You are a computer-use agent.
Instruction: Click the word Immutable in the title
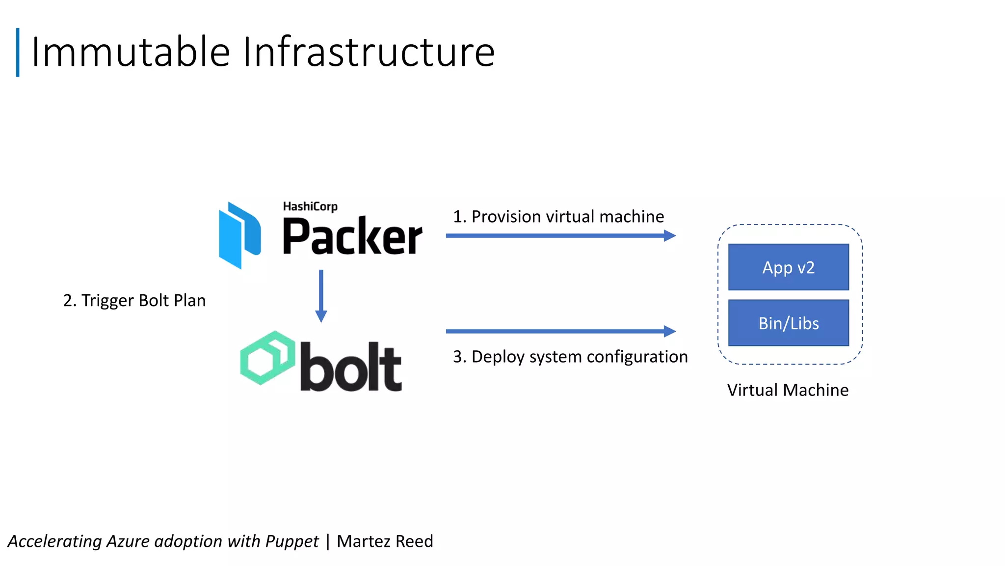(131, 52)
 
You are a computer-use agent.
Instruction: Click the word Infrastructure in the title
(369, 52)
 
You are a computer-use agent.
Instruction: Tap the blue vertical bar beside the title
(18, 52)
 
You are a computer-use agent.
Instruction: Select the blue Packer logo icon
(239, 235)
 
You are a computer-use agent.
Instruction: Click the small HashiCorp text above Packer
(310, 206)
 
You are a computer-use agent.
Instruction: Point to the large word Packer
(352, 237)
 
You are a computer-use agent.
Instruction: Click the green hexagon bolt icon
(267, 357)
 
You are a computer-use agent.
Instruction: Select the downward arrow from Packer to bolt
(321, 295)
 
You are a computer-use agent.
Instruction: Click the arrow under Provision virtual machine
(560, 236)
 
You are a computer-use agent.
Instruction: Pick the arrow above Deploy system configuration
(560, 331)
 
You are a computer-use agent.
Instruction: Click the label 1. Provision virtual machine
(558, 217)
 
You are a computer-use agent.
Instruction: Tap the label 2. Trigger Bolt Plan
(134, 300)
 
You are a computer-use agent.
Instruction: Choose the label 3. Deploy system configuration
(570, 357)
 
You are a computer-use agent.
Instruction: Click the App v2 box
(788, 267)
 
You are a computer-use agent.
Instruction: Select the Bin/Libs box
(788, 323)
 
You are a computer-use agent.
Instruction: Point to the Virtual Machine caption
(788, 390)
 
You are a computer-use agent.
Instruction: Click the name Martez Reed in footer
(385, 541)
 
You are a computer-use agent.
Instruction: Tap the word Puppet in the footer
(292, 541)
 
